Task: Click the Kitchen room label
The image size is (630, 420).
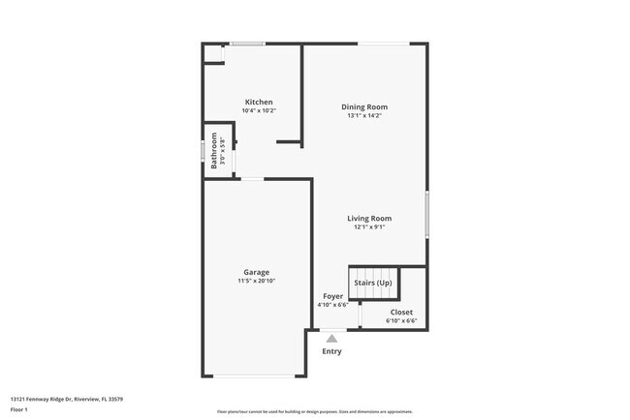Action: (258, 102)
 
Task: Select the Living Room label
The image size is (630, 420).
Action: (369, 219)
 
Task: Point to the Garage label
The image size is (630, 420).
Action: (256, 272)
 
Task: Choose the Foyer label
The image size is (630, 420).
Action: (331, 296)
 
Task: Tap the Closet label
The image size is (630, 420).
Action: (401, 312)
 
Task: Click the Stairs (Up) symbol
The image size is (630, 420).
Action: (373, 283)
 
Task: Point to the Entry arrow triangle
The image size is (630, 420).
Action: (331, 339)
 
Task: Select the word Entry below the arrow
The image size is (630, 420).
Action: (331, 351)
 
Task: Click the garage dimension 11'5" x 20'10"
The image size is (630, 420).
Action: (256, 281)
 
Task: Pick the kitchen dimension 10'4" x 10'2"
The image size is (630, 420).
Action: (258, 110)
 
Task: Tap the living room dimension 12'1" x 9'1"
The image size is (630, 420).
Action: (369, 227)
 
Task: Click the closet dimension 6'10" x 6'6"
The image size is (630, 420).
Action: (401, 320)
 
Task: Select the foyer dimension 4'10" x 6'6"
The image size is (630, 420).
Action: (331, 305)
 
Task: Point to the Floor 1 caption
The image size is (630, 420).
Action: (19, 409)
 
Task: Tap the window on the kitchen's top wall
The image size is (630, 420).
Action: (247, 44)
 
